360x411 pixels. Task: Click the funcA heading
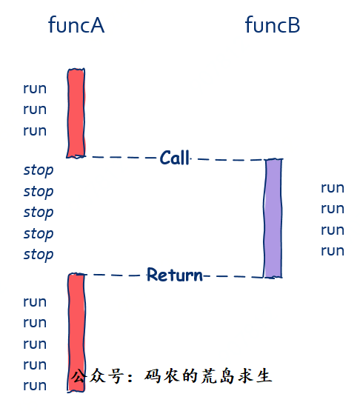(x=76, y=24)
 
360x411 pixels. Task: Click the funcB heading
(x=273, y=24)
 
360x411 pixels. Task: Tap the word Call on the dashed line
(x=175, y=158)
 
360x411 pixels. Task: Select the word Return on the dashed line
(x=175, y=275)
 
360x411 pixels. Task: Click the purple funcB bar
(x=273, y=218)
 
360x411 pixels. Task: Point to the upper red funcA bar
(x=76, y=113)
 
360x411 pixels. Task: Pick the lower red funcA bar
(x=76, y=333)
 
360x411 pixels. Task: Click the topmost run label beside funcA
(x=35, y=89)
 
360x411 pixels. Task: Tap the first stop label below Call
(x=39, y=170)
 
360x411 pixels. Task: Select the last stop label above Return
(x=39, y=255)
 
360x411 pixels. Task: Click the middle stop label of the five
(x=39, y=213)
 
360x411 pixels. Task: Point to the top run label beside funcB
(x=333, y=188)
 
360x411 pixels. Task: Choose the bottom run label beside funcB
(x=333, y=251)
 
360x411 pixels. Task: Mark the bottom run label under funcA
(x=35, y=386)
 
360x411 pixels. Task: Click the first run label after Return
(x=35, y=301)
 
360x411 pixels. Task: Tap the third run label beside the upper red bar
(x=35, y=131)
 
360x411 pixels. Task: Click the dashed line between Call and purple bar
(x=227, y=159)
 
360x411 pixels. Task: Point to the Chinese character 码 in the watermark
(x=153, y=376)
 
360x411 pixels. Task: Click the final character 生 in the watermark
(x=264, y=376)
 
